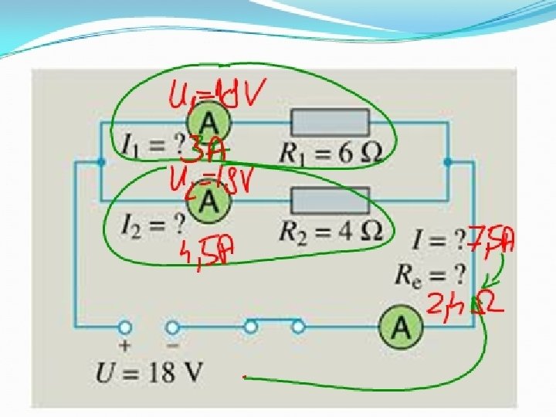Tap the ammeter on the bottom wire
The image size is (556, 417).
point(401,327)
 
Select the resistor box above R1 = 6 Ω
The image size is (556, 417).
point(330,123)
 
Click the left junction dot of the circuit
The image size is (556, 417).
point(102,162)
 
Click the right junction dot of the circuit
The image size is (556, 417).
point(449,162)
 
